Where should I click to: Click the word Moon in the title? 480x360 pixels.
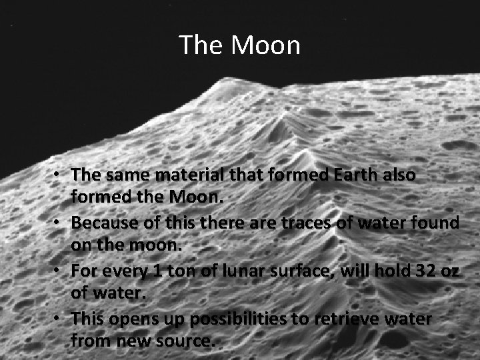click(267, 45)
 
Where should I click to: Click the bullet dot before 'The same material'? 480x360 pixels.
click(59, 175)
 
